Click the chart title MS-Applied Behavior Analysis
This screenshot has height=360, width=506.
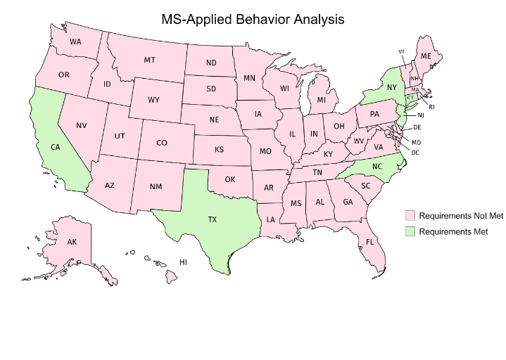[x=253, y=19]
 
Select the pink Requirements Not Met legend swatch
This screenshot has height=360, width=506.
[x=409, y=214]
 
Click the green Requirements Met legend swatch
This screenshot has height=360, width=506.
[x=409, y=231]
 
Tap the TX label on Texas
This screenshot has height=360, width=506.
[x=212, y=219]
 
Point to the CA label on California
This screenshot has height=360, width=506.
[x=55, y=147]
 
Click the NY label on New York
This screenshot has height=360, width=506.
[x=391, y=87]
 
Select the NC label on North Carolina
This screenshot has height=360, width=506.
[x=377, y=167]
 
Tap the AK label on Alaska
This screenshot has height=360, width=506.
[x=72, y=242]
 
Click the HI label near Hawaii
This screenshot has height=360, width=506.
[x=183, y=262]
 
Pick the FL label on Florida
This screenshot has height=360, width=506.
[x=369, y=243]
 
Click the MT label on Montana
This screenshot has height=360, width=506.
[x=149, y=60]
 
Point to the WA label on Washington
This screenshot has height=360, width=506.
[x=75, y=42]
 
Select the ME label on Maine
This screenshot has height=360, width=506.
[x=426, y=56]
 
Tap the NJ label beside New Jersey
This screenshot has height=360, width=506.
[x=420, y=115]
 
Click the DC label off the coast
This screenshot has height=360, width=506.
[x=415, y=153]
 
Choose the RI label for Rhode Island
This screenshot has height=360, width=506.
[x=431, y=106]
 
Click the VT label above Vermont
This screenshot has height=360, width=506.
[x=401, y=51]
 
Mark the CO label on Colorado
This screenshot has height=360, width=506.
[x=162, y=143]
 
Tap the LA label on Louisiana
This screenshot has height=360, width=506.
[x=270, y=219]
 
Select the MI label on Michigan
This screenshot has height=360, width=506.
[x=321, y=100]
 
